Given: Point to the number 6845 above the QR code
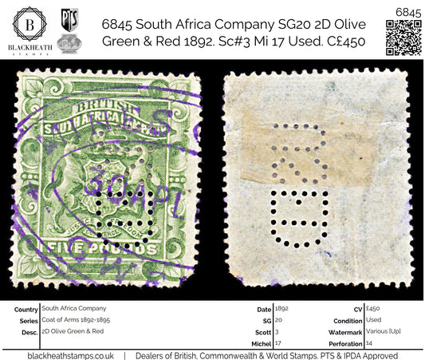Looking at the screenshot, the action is coord(404,9).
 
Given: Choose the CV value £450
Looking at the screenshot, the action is coord(374,307).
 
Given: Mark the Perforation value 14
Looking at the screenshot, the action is coord(370,341).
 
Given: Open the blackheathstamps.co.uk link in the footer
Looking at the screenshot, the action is coord(70,354).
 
